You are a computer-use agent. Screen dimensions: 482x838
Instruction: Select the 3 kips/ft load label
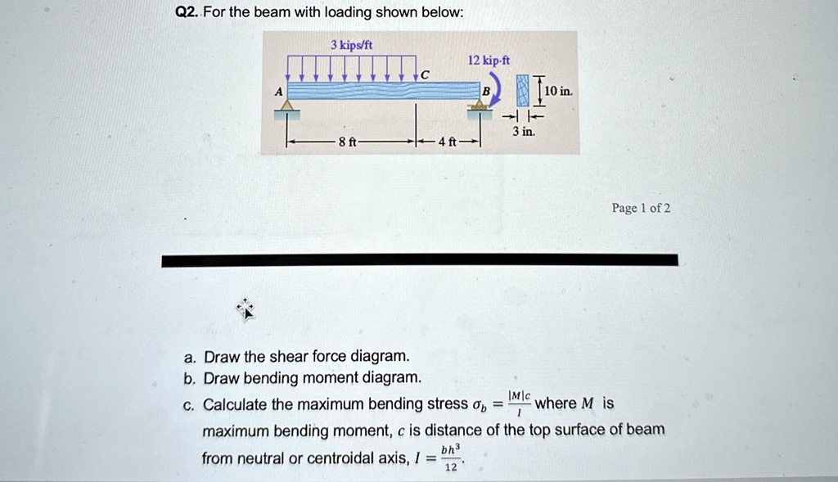(x=352, y=43)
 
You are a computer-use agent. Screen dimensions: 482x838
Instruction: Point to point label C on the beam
(x=425, y=75)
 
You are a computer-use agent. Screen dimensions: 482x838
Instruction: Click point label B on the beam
(x=486, y=91)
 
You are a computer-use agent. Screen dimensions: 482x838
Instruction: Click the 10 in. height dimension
(x=560, y=90)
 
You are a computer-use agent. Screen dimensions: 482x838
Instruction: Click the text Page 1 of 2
(x=641, y=208)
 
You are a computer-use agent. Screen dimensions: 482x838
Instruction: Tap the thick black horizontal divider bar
(x=419, y=260)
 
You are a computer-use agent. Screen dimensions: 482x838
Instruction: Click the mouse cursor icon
(x=246, y=309)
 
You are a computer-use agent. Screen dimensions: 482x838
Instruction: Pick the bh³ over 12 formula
(x=449, y=458)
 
